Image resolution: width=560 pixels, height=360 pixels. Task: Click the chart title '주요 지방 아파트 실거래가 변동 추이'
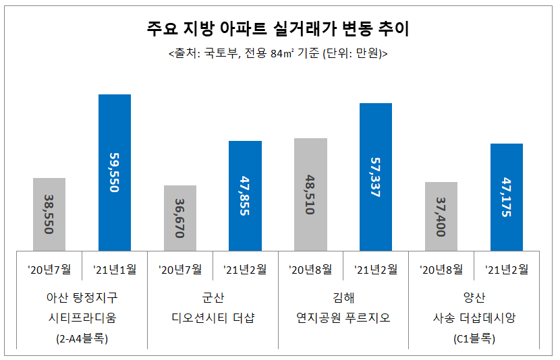[278, 30]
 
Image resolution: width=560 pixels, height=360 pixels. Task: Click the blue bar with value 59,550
[115, 173]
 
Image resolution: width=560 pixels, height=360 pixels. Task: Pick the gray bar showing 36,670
[180, 218]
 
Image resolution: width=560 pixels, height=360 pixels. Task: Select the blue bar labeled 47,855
[245, 196]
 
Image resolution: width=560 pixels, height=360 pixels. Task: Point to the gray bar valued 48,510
[311, 194]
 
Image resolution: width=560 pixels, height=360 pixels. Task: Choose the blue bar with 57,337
[376, 177]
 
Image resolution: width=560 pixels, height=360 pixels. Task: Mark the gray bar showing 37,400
[441, 216]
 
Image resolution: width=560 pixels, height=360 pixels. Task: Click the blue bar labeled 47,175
[506, 197]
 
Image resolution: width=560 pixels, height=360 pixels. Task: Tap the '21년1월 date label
[115, 270]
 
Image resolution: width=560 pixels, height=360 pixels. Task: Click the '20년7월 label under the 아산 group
[49, 270]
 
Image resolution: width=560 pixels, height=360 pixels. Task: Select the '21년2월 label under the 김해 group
[376, 270]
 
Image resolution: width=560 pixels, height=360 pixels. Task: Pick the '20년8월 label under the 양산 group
[441, 270]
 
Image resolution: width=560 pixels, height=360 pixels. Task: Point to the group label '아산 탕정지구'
[82, 297]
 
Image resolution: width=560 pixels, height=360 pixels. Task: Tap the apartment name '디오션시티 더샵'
[213, 318]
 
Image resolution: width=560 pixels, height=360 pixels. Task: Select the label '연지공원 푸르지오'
[343, 318]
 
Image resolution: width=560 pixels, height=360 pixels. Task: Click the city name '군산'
[213, 297]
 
